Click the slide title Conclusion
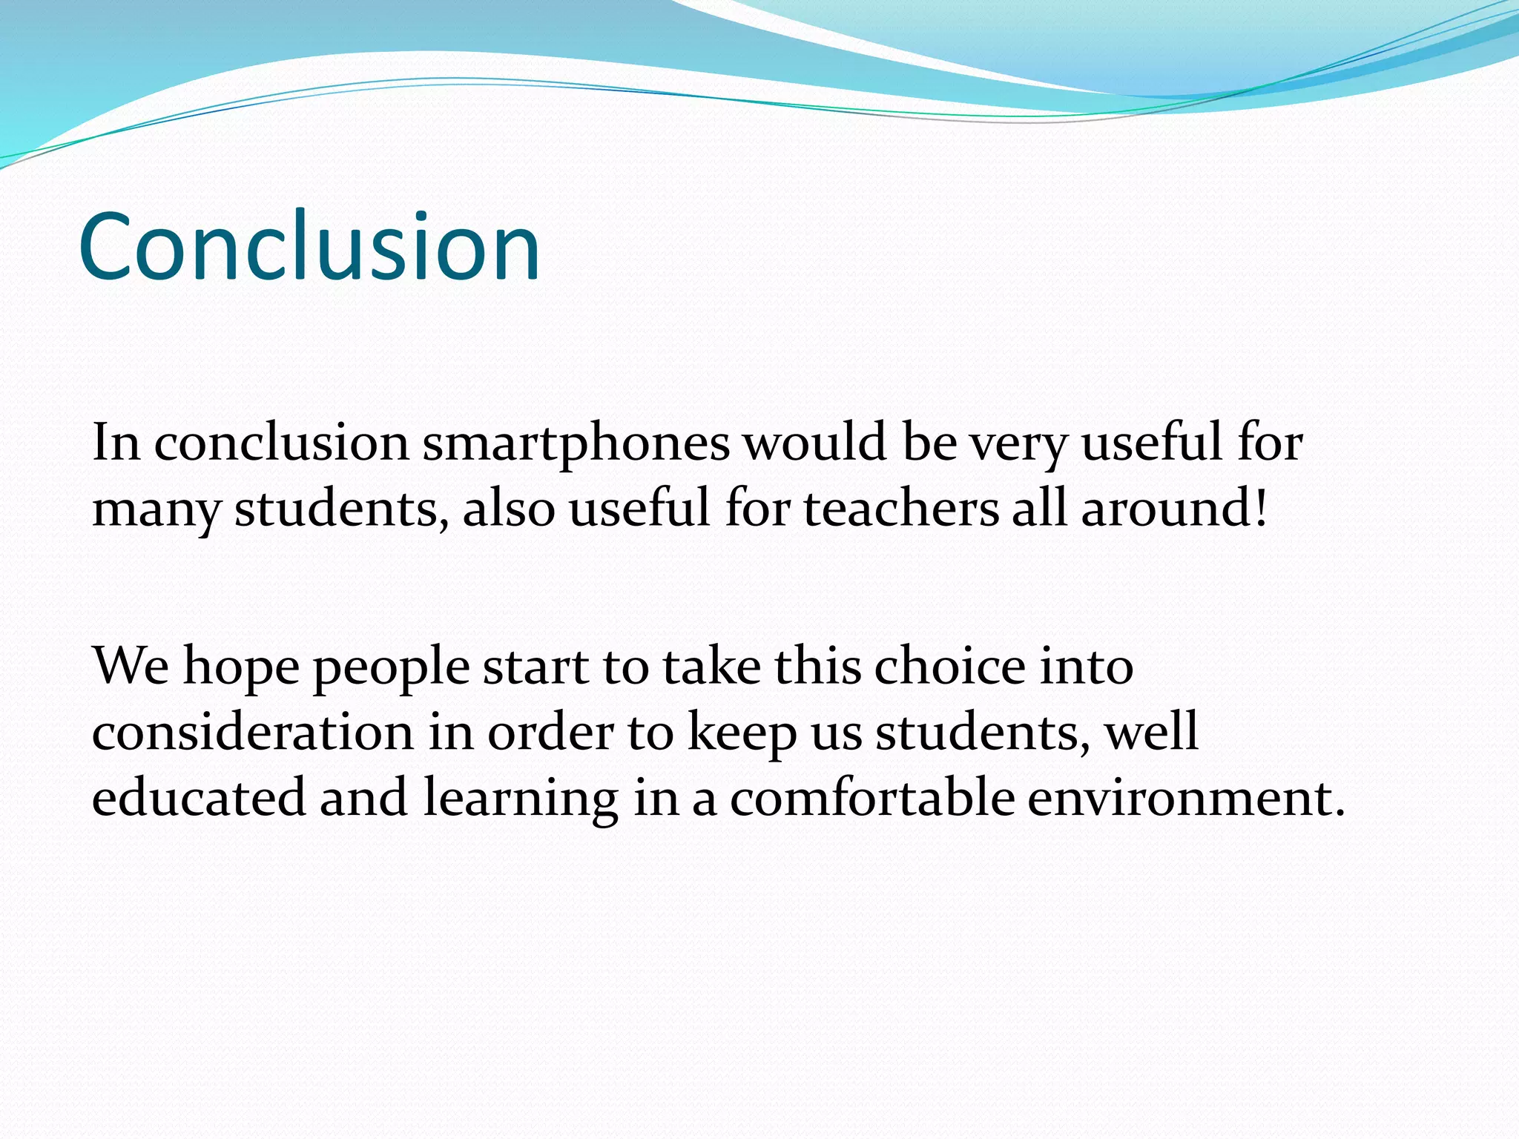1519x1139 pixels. pos(309,246)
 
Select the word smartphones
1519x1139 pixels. pos(576,443)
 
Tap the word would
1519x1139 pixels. pos(815,442)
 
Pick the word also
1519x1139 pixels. pos(509,509)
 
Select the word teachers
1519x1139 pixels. pos(901,509)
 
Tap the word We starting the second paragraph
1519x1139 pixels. pos(131,666)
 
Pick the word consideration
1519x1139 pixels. pos(252,733)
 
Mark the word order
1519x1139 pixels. pos(550,733)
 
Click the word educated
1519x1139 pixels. pos(199,798)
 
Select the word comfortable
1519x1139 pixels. pos(872,798)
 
